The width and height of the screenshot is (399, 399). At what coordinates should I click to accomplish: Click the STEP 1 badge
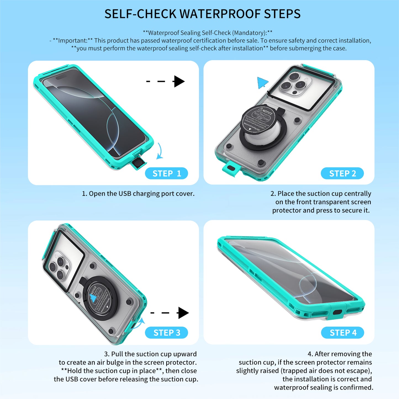(167, 173)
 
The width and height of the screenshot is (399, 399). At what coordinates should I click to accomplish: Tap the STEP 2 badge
(342, 173)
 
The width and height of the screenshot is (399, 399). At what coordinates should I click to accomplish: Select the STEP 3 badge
(167, 333)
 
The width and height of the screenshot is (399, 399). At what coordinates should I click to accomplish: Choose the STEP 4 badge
(343, 333)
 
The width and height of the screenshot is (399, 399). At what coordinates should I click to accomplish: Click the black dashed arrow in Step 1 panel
(166, 81)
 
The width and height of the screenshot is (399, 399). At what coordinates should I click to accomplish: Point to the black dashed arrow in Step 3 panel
(170, 313)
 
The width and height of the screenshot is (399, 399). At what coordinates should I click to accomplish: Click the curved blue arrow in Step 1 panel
(160, 151)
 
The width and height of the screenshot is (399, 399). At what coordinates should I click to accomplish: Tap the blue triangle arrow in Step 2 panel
(262, 83)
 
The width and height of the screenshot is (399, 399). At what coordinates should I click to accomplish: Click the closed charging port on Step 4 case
(337, 312)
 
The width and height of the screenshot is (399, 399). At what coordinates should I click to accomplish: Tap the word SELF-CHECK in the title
(140, 14)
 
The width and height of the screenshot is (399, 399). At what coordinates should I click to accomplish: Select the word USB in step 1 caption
(125, 194)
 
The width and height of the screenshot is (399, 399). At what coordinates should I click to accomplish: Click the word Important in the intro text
(73, 41)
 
